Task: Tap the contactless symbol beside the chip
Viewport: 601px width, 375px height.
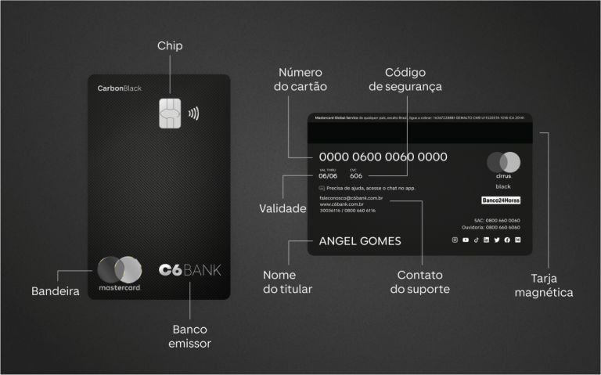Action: click(193, 113)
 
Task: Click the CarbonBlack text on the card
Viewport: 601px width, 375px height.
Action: click(119, 88)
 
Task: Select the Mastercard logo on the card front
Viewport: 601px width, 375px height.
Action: click(120, 273)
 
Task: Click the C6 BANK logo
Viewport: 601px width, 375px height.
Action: click(189, 270)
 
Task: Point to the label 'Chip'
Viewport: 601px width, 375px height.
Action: click(170, 45)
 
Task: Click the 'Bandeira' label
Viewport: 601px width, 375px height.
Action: click(56, 291)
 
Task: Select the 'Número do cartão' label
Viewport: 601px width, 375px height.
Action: click(300, 79)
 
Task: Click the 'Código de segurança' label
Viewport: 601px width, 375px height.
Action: click(405, 79)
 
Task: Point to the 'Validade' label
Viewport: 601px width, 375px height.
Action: click(283, 209)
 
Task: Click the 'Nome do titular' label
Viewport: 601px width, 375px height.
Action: click(287, 282)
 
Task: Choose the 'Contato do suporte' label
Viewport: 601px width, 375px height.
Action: click(420, 282)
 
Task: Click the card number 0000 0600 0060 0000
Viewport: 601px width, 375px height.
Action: click(383, 157)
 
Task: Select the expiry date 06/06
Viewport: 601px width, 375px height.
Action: click(328, 176)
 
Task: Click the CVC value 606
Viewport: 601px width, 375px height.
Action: click(356, 176)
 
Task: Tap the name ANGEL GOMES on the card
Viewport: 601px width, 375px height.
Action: click(360, 241)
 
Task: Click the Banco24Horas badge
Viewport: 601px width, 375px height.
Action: click(501, 200)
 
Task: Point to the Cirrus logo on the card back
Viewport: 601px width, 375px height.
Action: click(503, 166)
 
